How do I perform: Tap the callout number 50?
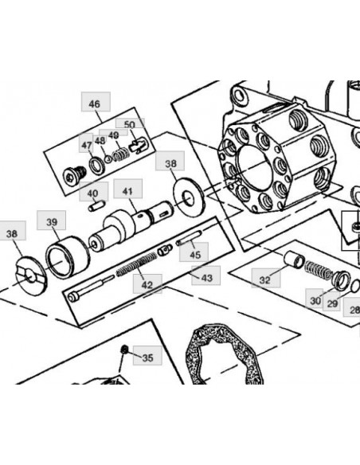(x=130, y=124)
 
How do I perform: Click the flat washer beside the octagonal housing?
(x=189, y=197)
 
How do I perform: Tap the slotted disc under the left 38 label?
(x=30, y=275)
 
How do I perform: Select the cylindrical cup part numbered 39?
(x=68, y=256)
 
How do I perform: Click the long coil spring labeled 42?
(x=136, y=264)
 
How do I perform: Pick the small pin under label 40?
(x=96, y=205)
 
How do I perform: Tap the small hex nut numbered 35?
(x=124, y=350)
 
